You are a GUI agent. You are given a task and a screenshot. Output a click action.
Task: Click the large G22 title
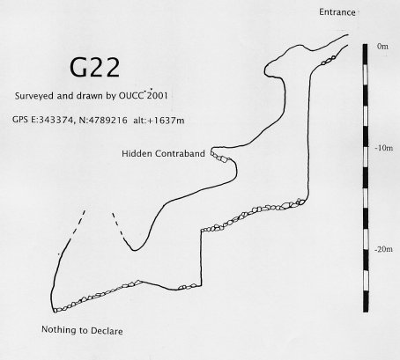94,67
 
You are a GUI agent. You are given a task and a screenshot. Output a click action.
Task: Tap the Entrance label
337,12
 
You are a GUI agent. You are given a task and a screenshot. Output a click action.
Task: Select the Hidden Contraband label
163,153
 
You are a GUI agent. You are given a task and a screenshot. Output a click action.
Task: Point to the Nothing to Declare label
82,330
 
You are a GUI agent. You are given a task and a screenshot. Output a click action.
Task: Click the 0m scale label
382,47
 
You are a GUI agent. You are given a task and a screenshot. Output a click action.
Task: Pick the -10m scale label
384,148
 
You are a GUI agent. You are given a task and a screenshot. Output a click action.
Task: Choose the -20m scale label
383,249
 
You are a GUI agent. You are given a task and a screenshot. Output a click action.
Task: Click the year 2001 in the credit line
157,96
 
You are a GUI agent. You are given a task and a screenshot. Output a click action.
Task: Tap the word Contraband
180,153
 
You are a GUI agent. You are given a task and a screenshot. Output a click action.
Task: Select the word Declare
107,331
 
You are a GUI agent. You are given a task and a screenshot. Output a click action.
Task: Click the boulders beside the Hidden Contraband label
221,158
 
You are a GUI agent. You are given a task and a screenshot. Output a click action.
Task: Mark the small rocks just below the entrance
329,60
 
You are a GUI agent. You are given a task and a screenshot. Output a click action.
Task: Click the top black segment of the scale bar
365,55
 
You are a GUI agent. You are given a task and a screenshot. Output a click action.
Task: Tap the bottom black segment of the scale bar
365,302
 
